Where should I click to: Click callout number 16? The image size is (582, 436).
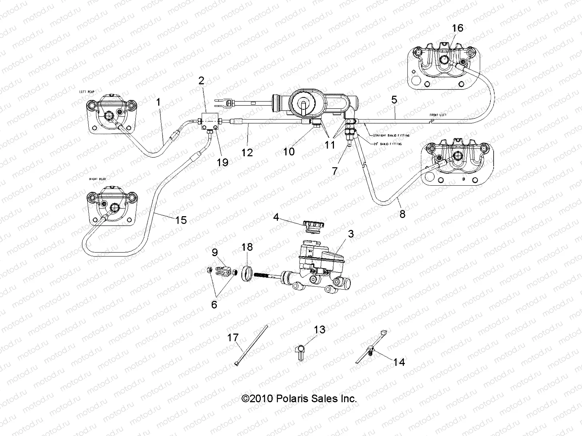coord(458,28)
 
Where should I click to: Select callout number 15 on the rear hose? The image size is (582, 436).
coord(180,219)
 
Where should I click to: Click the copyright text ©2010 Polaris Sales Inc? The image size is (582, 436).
coord(299,399)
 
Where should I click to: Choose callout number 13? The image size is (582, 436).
coord(319,330)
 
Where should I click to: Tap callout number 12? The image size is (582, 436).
coord(247,152)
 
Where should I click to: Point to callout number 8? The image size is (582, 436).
coord(402,214)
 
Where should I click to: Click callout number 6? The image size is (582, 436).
coord(214,304)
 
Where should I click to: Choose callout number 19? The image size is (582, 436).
coord(222,162)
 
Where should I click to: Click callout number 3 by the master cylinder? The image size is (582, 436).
coord(350,234)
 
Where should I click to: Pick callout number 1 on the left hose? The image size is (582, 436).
coord(158,102)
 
